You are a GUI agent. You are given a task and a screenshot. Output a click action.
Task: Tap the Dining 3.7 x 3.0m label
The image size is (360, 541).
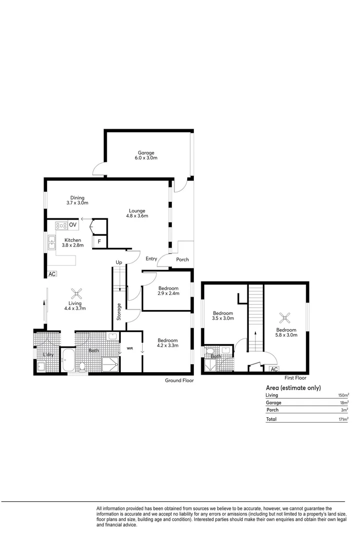tap(77, 200)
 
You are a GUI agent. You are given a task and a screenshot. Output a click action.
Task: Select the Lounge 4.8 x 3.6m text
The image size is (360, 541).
tap(137, 213)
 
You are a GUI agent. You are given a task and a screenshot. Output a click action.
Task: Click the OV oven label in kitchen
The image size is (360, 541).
tap(73, 225)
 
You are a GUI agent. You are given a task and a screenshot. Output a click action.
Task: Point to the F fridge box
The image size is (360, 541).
tap(100, 242)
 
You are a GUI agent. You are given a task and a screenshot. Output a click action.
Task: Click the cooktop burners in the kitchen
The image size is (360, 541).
tap(61, 225)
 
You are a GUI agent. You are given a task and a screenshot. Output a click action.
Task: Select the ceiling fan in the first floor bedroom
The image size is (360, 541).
tap(285, 317)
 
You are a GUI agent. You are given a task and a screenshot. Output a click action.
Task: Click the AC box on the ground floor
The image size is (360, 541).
tap(52, 274)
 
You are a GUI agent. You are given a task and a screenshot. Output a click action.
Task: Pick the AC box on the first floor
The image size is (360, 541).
tap(274, 369)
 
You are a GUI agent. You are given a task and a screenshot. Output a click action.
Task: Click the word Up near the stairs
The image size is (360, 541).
tap(119, 262)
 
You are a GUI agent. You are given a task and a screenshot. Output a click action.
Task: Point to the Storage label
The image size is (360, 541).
tap(119, 312)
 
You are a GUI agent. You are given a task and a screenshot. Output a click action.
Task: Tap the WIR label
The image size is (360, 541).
tap(130, 348)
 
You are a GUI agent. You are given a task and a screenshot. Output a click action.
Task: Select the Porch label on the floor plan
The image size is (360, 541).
tap(182, 259)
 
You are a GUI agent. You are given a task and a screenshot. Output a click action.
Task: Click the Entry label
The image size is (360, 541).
tap(152, 259)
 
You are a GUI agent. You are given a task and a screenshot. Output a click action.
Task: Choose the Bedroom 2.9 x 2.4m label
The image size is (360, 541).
tap(168, 291)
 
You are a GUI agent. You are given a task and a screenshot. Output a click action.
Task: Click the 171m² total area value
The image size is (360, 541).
tap(342, 419)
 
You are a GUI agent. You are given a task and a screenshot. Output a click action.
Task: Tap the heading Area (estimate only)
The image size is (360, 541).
tap(293, 388)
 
